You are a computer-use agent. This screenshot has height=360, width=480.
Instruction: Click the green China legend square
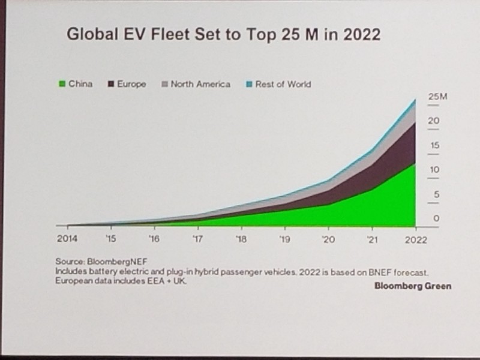point(61,84)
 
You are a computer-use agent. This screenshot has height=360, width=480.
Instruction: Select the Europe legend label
point(131,84)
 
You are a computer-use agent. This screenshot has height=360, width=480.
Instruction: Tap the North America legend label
point(200,84)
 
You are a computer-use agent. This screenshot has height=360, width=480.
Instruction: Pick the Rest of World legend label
point(283,84)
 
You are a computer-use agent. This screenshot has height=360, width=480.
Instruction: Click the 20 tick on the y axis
point(434,121)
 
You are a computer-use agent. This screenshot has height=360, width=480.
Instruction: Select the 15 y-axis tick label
point(434,145)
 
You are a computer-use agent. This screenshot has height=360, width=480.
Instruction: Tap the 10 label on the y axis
point(434,170)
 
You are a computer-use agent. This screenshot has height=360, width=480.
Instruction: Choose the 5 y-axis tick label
point(436,194)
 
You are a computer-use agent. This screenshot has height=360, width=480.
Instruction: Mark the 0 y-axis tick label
point(436,218)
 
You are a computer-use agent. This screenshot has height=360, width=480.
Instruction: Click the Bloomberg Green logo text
point(413,286)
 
